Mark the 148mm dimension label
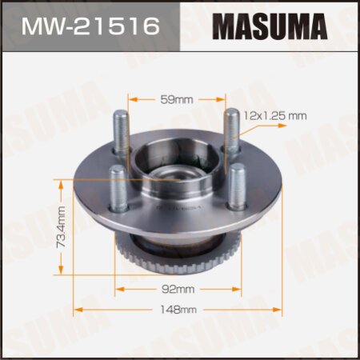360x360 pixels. click(x=178, y=309)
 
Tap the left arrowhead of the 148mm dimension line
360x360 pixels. click(x=78, y=309)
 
